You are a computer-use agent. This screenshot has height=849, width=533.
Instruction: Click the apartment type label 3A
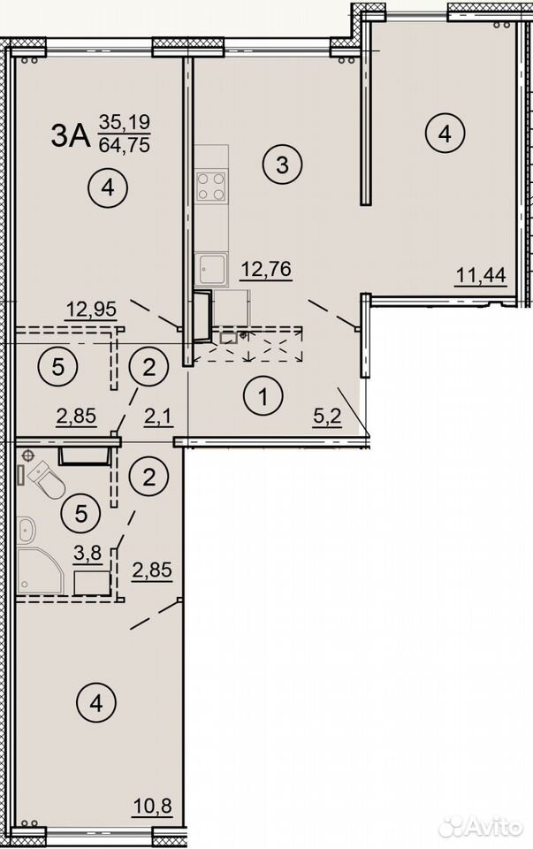click(x=71, y=135)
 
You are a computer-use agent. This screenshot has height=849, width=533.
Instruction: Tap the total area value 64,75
click(x=124, y=145)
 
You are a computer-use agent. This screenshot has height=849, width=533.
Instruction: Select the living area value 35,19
click(x=124, y=122)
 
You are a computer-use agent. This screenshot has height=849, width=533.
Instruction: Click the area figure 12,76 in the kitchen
click(x=266, y=269)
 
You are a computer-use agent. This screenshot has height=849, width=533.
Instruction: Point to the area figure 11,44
click(x=481, y=275)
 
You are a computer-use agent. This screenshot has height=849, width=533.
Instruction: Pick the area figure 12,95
click(x=91, y=310)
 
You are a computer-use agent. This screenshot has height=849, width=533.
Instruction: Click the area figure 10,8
click(x=153, y=806)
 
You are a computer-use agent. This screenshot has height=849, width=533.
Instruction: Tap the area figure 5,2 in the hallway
click(x=327, y=417)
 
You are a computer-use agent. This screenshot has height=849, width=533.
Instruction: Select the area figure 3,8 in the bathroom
click(x=88, y=554)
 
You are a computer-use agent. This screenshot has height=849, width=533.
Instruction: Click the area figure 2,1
click(x=158, y=417)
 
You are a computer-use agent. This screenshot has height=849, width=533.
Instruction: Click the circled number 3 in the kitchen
click(x=283, y=165)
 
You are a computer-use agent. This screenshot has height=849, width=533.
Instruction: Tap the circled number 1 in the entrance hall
click(x=263, y=398)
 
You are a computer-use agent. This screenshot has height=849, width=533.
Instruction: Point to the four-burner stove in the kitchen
click(x=211, y=186)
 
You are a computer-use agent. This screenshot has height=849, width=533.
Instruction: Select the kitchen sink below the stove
click(x=211, y=269)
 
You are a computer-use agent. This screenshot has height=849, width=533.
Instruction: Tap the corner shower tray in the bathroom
click(x=39, y=571)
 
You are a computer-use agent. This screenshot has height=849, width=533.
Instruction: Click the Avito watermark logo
click(x=481, y=827)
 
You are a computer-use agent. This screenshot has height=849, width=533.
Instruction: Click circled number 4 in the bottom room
click(x=96, y=704)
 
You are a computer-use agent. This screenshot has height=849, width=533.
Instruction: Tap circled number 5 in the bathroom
click(x=81, y=513)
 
